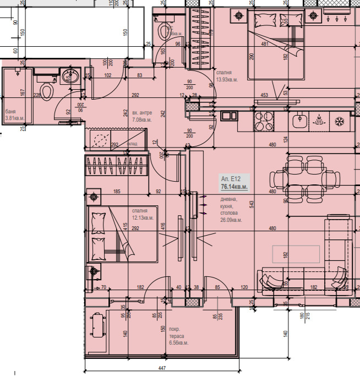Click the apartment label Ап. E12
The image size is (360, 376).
coord(232,179)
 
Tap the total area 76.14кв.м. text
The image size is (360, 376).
coord(234,187)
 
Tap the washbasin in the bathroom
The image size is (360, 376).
coord(70,75)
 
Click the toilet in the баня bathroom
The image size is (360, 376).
coord(47,91)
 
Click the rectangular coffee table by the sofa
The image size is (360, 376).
coord(296,254)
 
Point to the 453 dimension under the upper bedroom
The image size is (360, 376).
coord(264,95)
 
